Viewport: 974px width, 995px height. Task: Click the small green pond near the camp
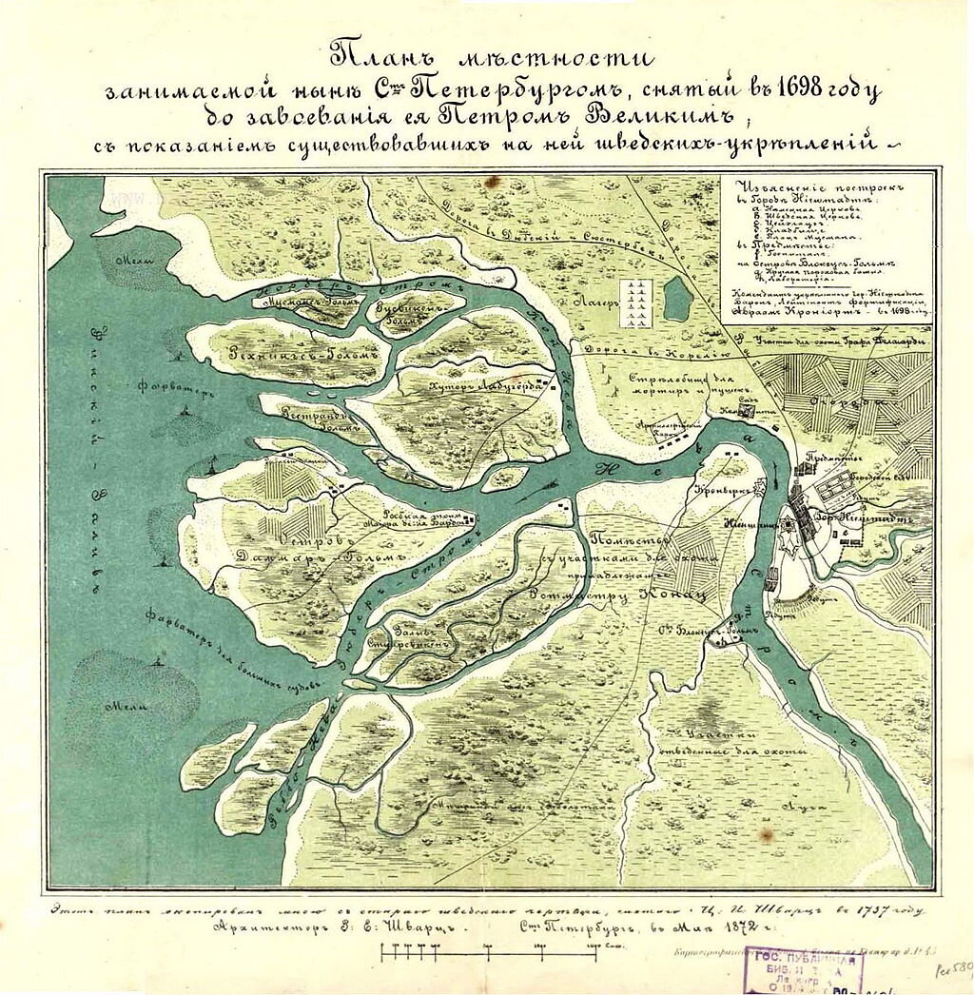click(678, 300)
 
